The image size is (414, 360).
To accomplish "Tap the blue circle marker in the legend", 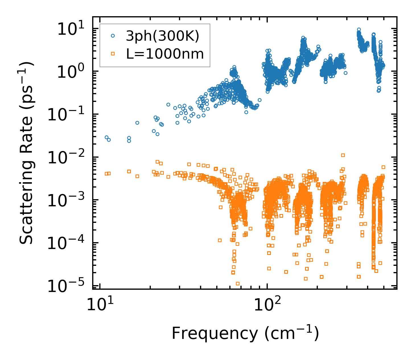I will (x=113, y=36).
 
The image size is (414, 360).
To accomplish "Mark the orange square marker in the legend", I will (x=113, y=53).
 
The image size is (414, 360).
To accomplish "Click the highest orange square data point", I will (x=343, y=155).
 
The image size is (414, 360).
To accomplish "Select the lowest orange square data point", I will (x=238, y=283).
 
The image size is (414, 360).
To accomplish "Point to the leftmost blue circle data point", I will (x=106, y=137).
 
